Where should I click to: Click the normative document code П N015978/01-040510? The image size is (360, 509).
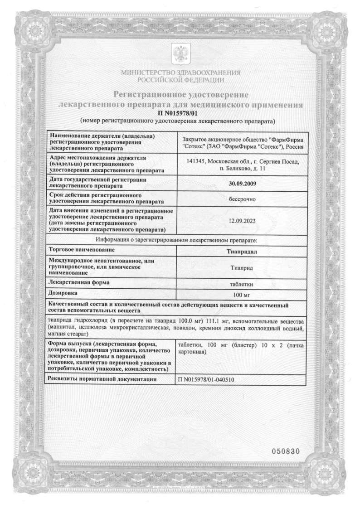click(x=208, y=379)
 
